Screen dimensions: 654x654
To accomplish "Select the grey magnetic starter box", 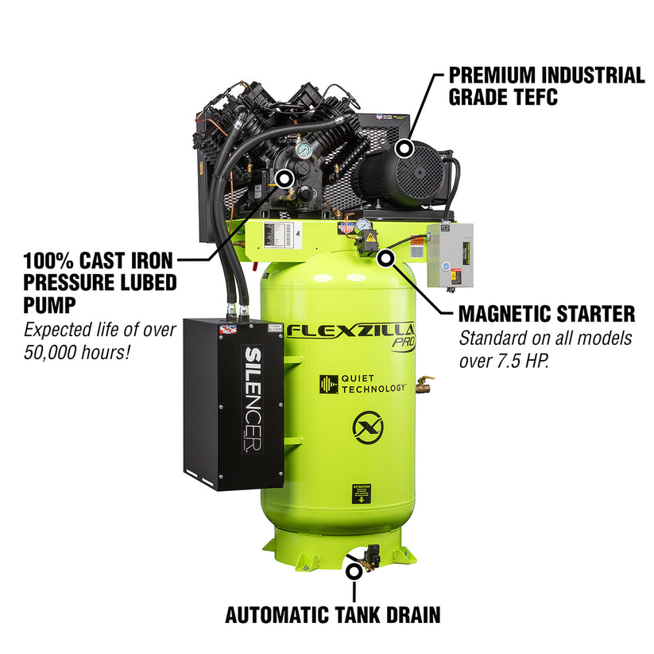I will [x=449, y=255].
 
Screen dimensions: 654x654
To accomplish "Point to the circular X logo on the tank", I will [x=368, y=429].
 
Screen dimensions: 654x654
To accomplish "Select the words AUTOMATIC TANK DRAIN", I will [x=332, y=614].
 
